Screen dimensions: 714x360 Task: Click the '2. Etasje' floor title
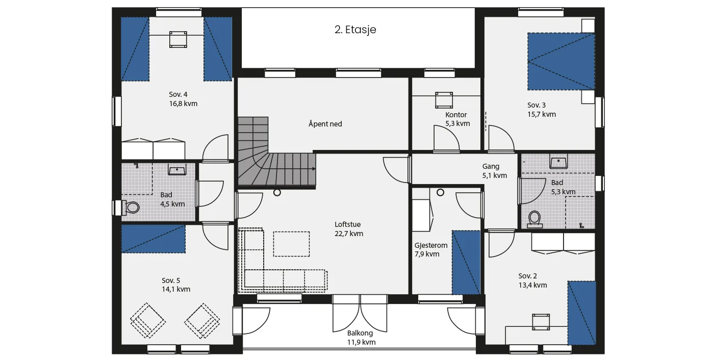point(355,30)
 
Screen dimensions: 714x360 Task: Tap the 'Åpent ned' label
point(325,123)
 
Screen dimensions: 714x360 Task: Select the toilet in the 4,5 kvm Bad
point(131,208)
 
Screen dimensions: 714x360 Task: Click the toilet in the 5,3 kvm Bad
point(534,220)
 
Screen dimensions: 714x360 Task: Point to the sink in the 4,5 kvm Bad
point(177,170)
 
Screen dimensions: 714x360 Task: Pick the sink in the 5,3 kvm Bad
point(558,163)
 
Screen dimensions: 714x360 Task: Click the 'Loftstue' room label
point(347,224)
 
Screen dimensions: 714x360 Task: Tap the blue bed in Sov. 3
point(561,62)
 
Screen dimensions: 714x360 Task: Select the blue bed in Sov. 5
point(154,239)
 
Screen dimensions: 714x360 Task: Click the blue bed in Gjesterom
point(466,263)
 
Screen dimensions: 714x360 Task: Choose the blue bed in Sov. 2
point(582,313)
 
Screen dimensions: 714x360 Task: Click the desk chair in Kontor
point(444,100)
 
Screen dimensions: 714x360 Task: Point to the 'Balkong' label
point(360,333)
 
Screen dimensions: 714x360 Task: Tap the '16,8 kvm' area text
point(183,104)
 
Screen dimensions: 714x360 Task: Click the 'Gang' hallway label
point(491,166)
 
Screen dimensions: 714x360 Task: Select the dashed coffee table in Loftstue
point(291,244)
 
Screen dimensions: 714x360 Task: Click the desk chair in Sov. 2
point(541,322)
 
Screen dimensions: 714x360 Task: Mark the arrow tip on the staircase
point(316,169)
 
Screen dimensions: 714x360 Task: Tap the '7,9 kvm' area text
point(427,254)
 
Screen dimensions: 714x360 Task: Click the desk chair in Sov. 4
point(178,39)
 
